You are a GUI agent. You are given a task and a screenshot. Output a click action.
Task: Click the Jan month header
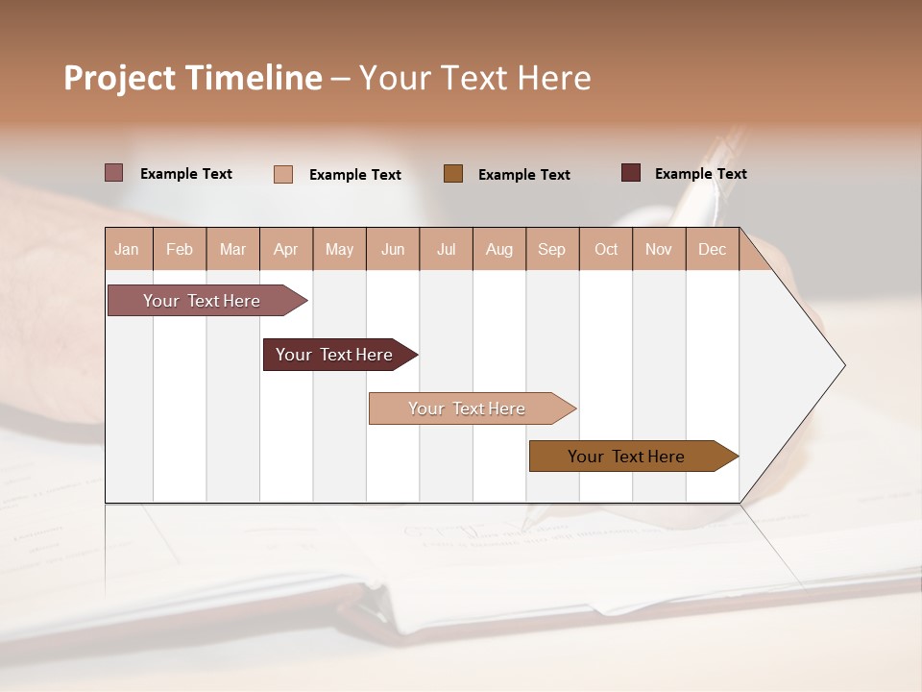click(128, 249)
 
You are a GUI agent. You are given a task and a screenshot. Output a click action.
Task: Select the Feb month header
click(180, 249)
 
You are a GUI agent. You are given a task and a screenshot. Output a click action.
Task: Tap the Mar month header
click(232, 249)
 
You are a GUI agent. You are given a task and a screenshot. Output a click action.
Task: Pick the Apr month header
click(286, 249)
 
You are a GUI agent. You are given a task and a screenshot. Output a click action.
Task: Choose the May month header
click(339, 249)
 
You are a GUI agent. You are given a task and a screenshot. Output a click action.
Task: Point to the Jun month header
click(393, 249)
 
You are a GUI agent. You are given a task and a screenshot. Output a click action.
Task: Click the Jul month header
click(446, 249)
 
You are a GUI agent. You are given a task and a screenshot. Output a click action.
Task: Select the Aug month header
click(499, 249)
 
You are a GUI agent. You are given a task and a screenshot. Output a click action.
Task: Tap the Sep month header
click(552, 249)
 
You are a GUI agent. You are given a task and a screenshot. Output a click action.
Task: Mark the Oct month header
click(606, 249)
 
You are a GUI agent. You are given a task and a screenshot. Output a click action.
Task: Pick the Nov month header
click(659, 249)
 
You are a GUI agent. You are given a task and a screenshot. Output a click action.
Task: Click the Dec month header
click(713, 249)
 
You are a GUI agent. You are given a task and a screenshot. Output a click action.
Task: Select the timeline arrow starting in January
click(203, 301)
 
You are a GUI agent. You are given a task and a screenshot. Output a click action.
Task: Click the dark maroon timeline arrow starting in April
click(335, 355)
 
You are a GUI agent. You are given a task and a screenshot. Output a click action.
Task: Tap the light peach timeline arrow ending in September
click(468, 408)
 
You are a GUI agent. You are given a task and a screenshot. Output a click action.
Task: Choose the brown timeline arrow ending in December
click(627, 457)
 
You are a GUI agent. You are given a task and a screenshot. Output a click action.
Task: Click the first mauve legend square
click(114, 173)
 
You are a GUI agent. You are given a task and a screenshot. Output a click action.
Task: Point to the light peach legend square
click(283, 174)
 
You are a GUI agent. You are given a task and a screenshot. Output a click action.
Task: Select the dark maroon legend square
click(631, 173)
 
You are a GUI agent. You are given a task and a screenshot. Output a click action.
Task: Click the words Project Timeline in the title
click(193, 78)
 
